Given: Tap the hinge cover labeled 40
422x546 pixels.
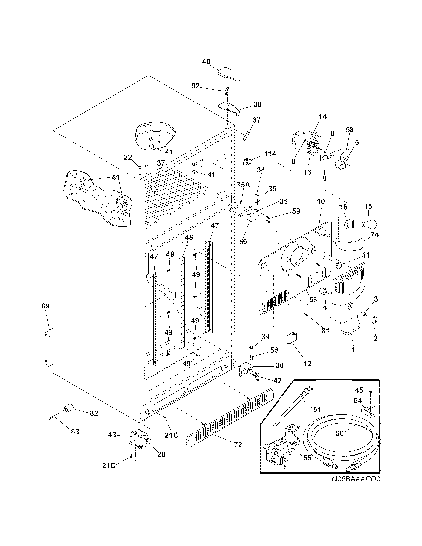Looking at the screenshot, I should click(x=229, y=75).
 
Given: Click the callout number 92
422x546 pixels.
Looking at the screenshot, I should click(x=196, y=86).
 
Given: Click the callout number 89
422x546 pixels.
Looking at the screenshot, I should click(x=46, y=306).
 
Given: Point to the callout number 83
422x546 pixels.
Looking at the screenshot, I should click(x=75, y=431).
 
